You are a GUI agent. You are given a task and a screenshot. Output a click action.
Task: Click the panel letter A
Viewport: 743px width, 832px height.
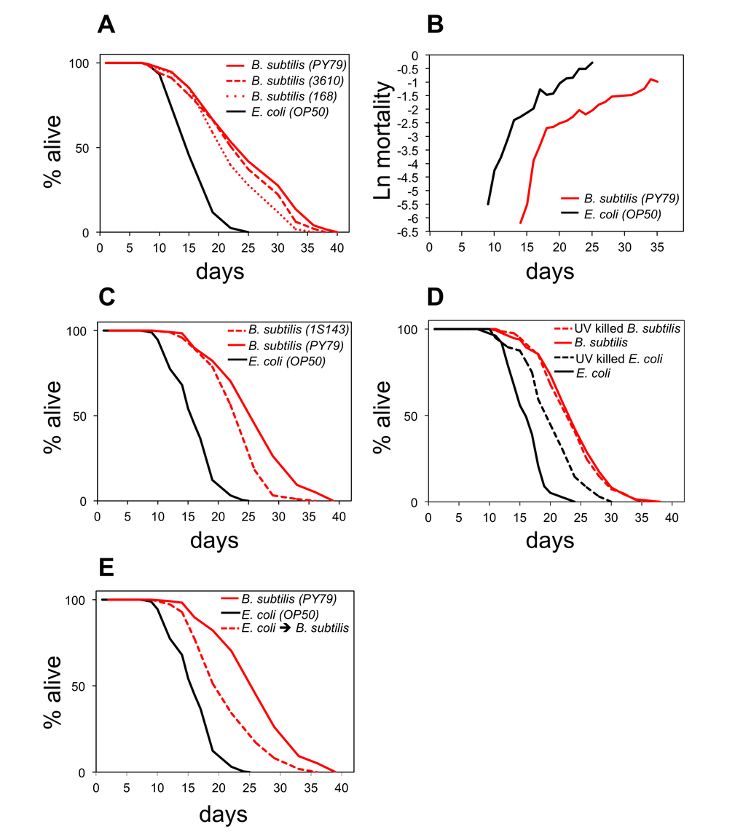point(106,25)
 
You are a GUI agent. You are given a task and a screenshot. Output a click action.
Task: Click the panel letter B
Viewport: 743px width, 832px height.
point(435,25)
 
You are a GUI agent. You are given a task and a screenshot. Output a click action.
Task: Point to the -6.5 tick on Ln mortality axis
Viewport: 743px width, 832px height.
point(412,232)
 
